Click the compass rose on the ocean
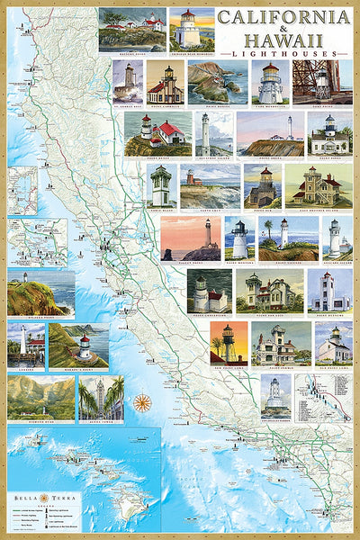pyautogui.click(x=142, y=402)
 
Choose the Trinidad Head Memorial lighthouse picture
pyautogui.click(x=192, y=28)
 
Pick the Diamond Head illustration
pyautogui.click(x=40, y=397)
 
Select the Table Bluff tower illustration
pyautogui.click(x=160, y=185)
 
